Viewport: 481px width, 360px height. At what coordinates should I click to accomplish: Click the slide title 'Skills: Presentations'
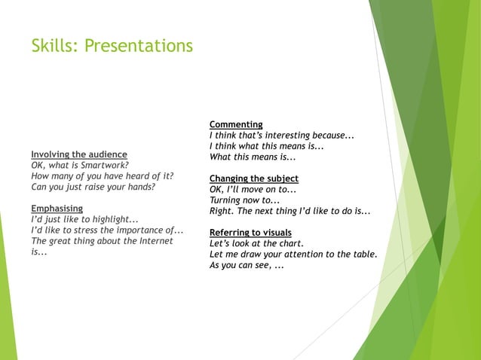pos(112,47)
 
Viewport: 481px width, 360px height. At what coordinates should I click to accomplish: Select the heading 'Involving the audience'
pos(78,154)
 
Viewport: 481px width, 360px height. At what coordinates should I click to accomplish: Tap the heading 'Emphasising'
pos(57,209)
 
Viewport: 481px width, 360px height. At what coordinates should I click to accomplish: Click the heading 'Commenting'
pos(236,124)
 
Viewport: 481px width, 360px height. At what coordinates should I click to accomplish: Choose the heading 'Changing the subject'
pos(253,178)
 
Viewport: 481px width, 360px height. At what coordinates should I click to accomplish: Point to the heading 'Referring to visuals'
pos(250,232)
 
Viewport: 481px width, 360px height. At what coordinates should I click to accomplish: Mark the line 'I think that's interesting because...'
pos(281,136)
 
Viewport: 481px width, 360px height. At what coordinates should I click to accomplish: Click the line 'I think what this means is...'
pos(266,146)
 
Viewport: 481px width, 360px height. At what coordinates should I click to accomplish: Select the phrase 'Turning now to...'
pos(244,200)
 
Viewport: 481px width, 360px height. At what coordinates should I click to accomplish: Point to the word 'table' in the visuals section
pos(363,255)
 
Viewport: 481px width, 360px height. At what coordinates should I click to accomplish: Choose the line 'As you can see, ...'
pos(247,265)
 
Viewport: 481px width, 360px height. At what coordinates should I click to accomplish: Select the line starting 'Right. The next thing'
pos(290,211)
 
